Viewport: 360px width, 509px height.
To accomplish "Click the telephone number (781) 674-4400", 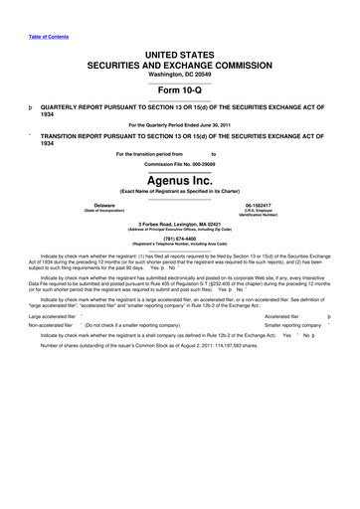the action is click(180, 237).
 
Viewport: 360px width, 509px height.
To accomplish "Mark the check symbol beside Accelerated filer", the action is click(341, 315).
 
